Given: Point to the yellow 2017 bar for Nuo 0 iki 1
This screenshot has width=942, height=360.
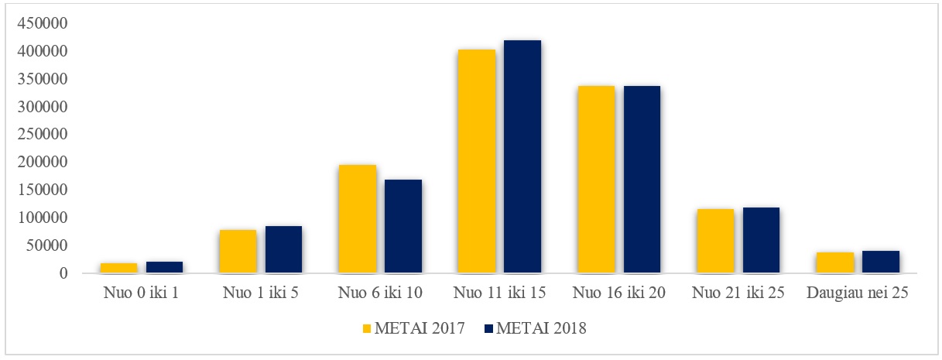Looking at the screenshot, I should pyautogui.click(x=118, y=268).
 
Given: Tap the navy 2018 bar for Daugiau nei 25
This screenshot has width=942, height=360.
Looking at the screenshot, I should pyautogui.click(x=880, y=262).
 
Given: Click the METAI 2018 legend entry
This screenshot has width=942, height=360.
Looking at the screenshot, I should pyautogui.click(x=541, y=329).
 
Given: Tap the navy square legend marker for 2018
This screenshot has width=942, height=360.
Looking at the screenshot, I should pyautogui.click(x=488, y=329).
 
